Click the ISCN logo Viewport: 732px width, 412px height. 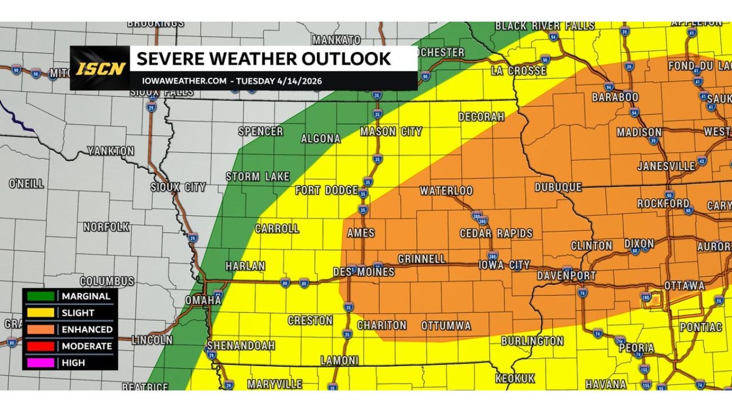[100, 69]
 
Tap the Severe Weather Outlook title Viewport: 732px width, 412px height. [264, 58]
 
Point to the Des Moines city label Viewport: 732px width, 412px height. [364, 272]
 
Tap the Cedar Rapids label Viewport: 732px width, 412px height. [496, 233]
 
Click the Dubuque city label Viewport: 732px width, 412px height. [558, 187]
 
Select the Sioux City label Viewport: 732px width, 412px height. [178, 187]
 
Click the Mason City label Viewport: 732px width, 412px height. [391, 132]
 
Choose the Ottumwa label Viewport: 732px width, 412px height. [446, 326]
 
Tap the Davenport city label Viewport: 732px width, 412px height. [566, 276]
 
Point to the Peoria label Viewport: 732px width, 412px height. [636, 348]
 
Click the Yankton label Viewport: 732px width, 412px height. [110, 151]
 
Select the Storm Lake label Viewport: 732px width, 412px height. [257, 177]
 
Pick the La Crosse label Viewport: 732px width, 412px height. [519, 71]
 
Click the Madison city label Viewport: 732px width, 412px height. [639, 132]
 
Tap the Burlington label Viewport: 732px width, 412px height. [532, 341]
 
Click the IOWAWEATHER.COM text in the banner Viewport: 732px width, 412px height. [184, 81]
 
